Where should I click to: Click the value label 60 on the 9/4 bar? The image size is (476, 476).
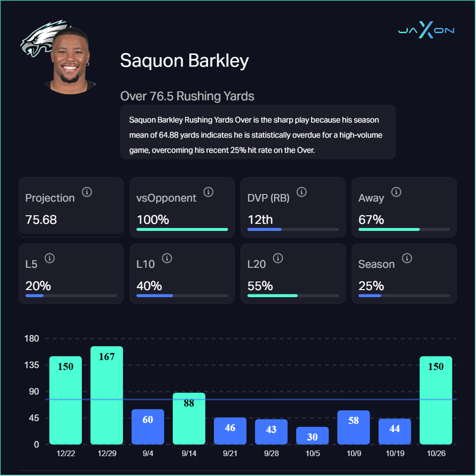[148, 420]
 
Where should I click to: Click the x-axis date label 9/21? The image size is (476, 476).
[230, 453]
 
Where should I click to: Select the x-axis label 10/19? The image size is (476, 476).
[395, 453]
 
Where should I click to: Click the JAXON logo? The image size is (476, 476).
[426, 30]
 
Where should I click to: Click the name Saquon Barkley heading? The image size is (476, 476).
[184, 61]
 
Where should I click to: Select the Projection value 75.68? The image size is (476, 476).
[41, 220]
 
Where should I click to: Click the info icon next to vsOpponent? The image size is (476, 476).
[208, 192]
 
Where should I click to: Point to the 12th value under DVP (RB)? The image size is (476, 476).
[260, 220]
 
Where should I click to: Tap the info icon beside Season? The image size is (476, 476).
[406, 258]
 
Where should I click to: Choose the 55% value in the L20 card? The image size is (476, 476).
[260, 286]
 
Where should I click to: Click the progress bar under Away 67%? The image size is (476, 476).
[404, 229]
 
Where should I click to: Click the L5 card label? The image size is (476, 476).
[31, 264]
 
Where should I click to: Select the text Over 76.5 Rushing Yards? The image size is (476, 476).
[187, 97]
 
